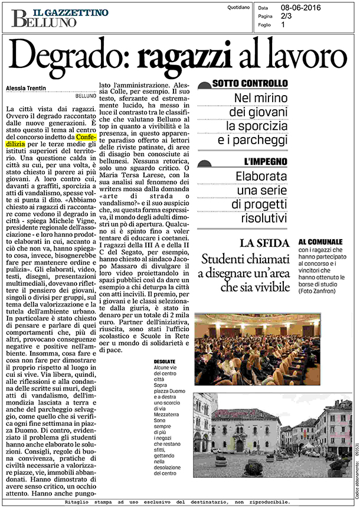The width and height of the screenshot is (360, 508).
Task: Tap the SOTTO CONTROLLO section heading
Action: (250, 83)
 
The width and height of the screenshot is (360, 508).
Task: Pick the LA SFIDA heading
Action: (264, 243)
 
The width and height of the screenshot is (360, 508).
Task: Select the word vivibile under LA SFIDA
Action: (268, 287)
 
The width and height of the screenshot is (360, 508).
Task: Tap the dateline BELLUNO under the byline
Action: (86, 95)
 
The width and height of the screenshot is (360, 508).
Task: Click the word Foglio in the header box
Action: (267, 25)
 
